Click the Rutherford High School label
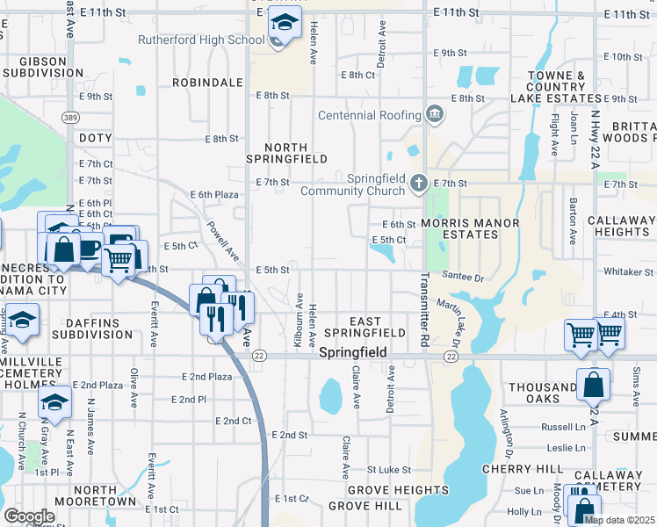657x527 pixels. pyautogui.click(x=201, y=40)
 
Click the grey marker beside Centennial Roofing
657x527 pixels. pyautogui.click(x=434, y=113)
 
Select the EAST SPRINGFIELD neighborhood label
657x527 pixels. pyautogui.click(x=365, y=327)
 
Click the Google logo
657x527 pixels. pyautogui.click(x=29, y=516)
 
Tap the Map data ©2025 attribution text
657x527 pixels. pyautogui.click(x=620, y=520)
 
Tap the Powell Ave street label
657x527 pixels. pyautogui.click(x=223, y=240)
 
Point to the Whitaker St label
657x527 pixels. pyautogui.click(x=631, y=272)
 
